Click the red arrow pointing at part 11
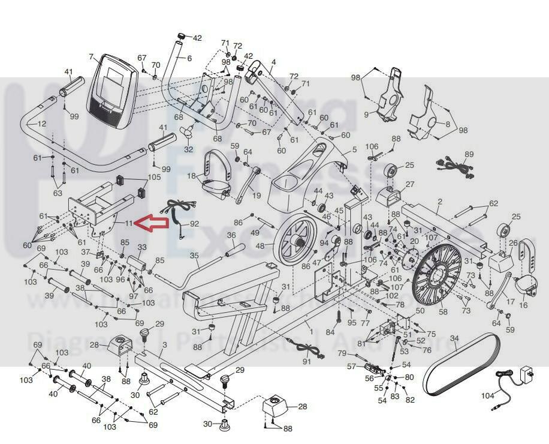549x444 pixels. (150, 223)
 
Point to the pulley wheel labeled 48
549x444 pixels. (295, 241)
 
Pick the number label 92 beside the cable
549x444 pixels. (194, 224)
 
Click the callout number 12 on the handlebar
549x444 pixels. (41, 124)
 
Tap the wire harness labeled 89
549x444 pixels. (458, 166)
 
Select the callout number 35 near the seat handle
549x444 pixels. (194, 256)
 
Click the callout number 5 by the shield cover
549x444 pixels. (354, 149)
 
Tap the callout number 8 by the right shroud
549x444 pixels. (447, 124)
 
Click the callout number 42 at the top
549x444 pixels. (197, 38)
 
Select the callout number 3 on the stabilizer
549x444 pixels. (164, 346)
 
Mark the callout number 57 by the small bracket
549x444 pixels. (352, 366)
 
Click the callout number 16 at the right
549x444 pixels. (524, 305)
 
